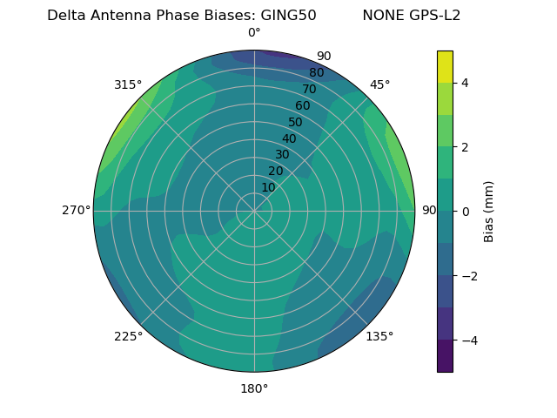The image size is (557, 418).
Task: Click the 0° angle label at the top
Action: (x=254, y=33)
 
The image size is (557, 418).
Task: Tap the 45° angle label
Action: (x=379, y=84)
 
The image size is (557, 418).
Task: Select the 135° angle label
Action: (x=379, y=336)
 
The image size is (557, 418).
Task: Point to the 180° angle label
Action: (x=254, y=388)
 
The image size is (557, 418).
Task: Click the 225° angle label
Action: (x=128, y=337)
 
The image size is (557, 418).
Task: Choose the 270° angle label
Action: (x=76, y=210)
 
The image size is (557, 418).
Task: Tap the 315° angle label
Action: (x=128, y=84)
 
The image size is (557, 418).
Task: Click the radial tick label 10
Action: (x=268, y=187)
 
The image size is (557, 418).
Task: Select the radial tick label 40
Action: (x=289, y=138)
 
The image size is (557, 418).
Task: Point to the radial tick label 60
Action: (x=302, y=106)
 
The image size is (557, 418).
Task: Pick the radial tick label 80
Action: (x=316, y=73)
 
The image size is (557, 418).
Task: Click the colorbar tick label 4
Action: (x=466, y=83)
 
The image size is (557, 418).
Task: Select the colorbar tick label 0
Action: (x=466, y=212)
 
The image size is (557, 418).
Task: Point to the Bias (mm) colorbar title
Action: (x=489, y=212)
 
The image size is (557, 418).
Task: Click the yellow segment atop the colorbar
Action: (x=445, y=66)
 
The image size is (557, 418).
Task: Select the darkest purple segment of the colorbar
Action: (x=445, y=356)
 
